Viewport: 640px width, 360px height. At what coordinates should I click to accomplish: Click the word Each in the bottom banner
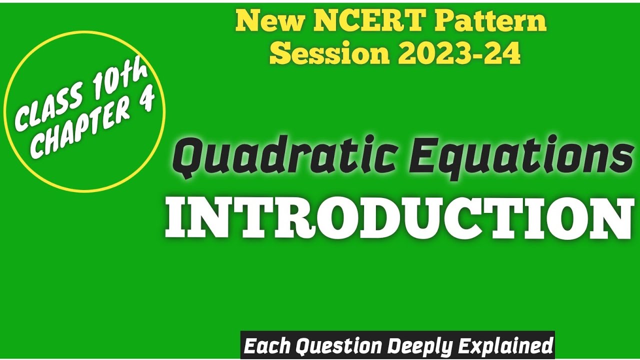(267, 345)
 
